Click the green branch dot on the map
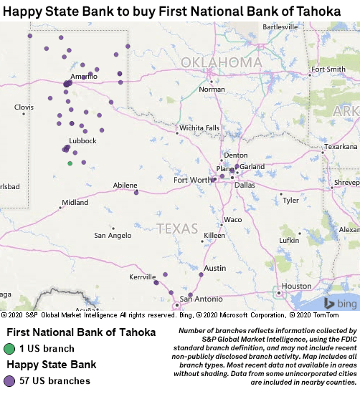tap(70, 163)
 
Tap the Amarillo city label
tap(84, 76)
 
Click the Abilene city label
tap(125, 185)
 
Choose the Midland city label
tap(75, 203)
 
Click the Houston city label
tap(297, 286)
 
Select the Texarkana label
tap(341, 146)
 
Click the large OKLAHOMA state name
tap(221, 63)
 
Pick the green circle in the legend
tap(9, 349)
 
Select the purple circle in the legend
tap(9, 381)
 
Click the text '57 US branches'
tap(55, 381)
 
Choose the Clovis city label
tap(24, 107)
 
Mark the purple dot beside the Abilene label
tap(136, 192)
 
